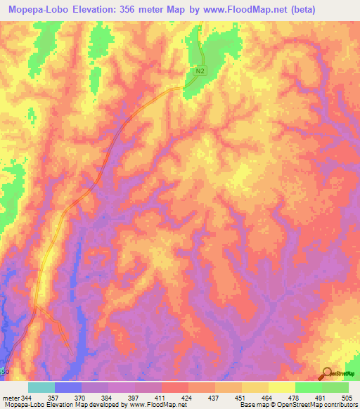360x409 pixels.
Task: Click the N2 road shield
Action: (201, 71)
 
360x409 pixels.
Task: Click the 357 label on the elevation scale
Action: (54, 398)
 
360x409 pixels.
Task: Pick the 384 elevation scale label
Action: (108, 398)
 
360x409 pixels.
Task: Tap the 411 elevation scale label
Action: (162, 398)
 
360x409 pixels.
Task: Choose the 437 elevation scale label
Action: (215, 398)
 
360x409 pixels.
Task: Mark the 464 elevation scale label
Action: (269, 398)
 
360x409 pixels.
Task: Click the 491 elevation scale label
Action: (322, 398)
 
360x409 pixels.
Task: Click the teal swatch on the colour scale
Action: (41, 387)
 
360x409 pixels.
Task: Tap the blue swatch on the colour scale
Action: (67, 387)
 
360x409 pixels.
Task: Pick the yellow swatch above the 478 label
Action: (281, 387)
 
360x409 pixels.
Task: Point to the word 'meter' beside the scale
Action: (10, 398)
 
